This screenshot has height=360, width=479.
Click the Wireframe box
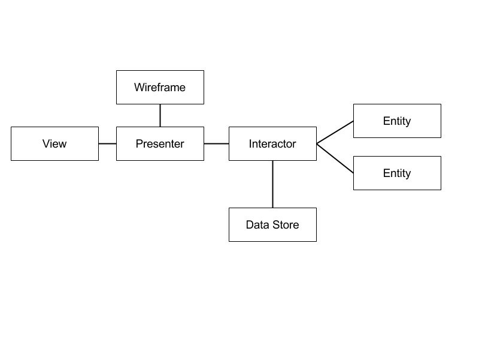pos(160,87)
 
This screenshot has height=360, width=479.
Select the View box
pos(54,143)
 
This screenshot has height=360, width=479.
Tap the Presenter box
pos(160,143)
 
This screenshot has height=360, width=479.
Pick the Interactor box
pos(272,143)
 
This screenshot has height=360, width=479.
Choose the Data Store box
pos(272,224)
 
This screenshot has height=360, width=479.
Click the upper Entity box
pos(397,121)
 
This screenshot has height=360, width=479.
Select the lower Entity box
pos(397,173)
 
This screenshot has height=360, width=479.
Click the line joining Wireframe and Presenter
pos(160,115)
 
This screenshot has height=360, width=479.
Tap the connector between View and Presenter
pos(108,143)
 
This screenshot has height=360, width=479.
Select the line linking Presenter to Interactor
pos(216,143)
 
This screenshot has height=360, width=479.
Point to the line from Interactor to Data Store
pos(272,184)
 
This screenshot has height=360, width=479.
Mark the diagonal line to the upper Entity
pos(335,132)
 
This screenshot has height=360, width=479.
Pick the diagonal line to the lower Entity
pos(335,158)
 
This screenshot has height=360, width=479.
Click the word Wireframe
pos(160,87)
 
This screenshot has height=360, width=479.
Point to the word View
pos(54,143)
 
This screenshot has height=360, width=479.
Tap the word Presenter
pos(160,143)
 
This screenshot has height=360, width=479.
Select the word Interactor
pos(272,143)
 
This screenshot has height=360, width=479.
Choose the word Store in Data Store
pos(286,224)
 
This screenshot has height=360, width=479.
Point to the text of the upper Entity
pos(397,121)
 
